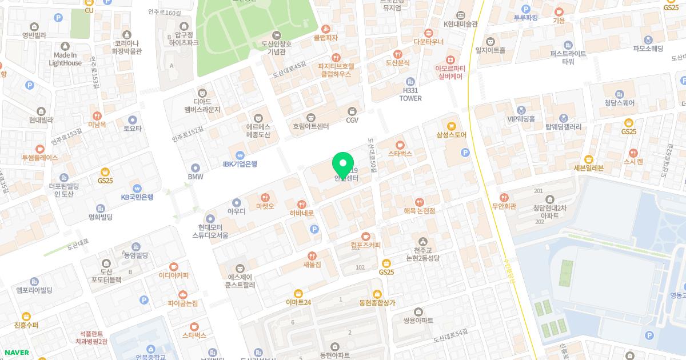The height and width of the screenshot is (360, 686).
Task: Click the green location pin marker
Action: [342, 165]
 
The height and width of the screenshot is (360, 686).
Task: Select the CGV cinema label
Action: [352, 119]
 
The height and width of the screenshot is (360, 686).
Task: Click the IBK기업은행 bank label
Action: [240, 164]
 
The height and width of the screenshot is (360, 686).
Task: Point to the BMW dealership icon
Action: [196, 167]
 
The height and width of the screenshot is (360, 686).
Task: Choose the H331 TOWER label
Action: [410, 94]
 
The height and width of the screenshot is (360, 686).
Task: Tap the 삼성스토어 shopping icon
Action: [452, 126]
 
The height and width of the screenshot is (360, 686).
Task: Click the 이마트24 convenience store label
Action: [298, 302]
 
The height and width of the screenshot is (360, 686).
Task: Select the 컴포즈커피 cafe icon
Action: [366, 236]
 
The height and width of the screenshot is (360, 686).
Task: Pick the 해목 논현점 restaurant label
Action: [420, 211]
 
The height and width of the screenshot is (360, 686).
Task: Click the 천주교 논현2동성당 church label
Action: [422, 254]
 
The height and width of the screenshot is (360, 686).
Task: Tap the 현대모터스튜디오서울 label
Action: [210, 231]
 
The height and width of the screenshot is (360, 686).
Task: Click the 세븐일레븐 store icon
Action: [589, 159]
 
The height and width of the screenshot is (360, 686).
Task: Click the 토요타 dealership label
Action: [133, 129]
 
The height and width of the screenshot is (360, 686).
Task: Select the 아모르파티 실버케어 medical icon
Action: [450, 59]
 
